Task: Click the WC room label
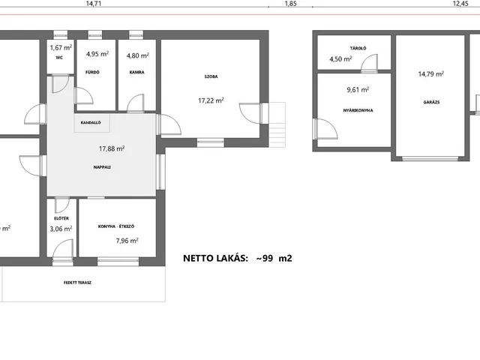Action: pos(59,58)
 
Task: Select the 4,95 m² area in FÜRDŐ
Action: pos(97,54)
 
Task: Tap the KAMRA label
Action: pos(136,72)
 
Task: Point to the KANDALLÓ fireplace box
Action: pos(91,123)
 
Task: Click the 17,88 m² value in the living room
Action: pos(112,148)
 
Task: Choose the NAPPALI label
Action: pos(102,167)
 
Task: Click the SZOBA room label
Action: pos(211,76)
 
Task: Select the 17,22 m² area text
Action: pos(211,100)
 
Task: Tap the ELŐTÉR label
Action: pos(61,218)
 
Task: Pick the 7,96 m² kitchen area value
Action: pos(127,241)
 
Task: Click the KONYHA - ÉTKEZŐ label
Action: pos(116,226)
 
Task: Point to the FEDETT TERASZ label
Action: pos(77,283)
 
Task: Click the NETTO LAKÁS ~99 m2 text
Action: pos(238,258)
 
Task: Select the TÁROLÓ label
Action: pos(358,48)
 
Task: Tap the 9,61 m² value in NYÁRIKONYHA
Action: pos(358,90)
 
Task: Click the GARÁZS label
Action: pos(431,102)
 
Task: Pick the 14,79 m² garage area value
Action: pos(431,73)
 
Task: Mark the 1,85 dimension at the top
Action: pos(290,4)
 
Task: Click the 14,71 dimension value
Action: pos(93,4)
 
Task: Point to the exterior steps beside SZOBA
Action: pos(277,124)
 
